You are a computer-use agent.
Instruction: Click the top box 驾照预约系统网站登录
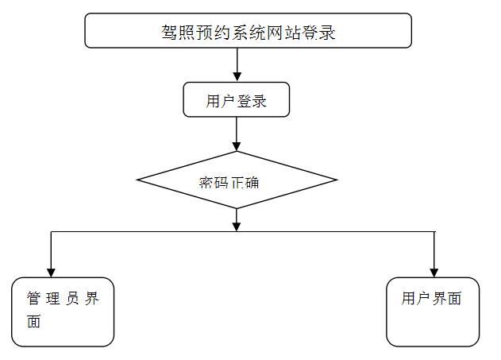(x=248, y=31)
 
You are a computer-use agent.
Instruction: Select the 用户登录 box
(x=236, y=100)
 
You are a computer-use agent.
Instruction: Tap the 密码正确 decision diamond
(x=237, y=180)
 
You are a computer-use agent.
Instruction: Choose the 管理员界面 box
(x=63, y=312)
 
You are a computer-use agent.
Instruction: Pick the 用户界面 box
(x=433, y=312)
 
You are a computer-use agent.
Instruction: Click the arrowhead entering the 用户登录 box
(x=237, y=77)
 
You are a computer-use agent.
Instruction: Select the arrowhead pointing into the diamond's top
(x=237, y=145)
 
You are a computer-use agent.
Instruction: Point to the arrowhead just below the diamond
(x=237, y=226)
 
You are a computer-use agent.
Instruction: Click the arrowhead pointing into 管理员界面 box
(x=52, y=272)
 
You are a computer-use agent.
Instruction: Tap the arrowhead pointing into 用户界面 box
(x=434, y=272)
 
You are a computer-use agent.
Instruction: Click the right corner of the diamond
(x=336, y=180)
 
